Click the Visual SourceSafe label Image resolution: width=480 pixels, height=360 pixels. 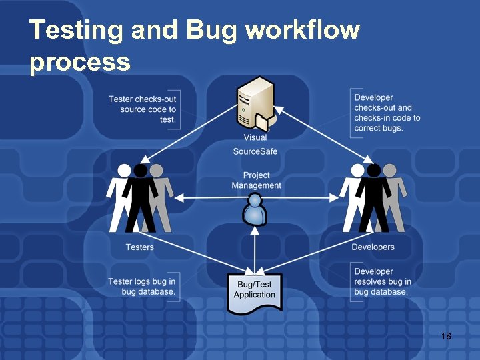click(x=255, y=145)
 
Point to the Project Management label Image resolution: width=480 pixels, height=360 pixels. click(x=257, y=181)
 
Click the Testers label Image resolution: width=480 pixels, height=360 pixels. click(x=140, y=247)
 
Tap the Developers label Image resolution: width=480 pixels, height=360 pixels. click(x=373, y=247)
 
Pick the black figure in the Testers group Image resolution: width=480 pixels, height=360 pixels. click(x=141, y=197)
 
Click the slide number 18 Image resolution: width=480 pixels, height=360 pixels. click(x=446, y=336)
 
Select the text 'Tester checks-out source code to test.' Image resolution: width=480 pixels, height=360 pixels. click(x=143, y=109)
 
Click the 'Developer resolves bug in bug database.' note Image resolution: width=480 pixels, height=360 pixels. click(x=382, y=282)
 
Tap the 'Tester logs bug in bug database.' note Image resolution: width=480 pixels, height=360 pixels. click(x=142, y=287)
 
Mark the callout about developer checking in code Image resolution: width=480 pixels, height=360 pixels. click(x=387, y=113)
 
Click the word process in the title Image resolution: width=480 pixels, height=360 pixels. click(x=80, y=62)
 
